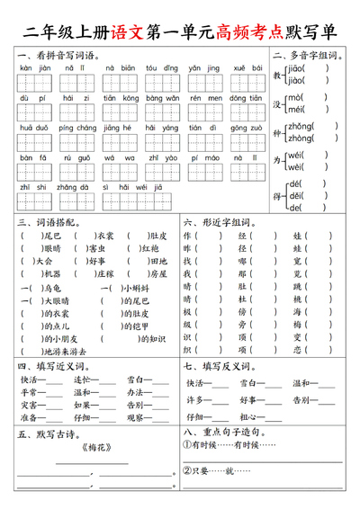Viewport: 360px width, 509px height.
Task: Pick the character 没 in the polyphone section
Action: [x=278, y=103]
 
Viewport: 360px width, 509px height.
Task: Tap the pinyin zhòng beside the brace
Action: [x=300, y=138]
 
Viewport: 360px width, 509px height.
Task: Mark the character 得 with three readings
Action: [x=278, y=196]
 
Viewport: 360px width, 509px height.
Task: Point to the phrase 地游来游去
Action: [x=68, y=353]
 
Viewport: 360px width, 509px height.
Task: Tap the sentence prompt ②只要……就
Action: [x=213, y=470]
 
